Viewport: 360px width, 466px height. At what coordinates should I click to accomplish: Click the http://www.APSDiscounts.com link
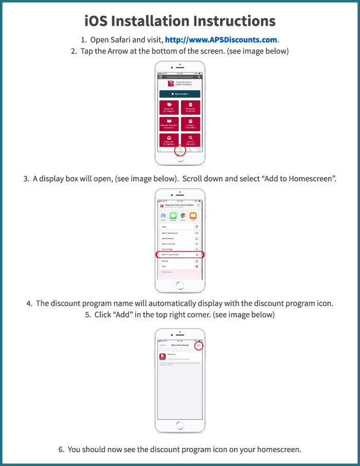[221, 40]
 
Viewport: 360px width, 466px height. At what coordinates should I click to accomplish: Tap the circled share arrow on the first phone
[180, 150]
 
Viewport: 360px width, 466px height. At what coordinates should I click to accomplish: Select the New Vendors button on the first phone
[179, 94]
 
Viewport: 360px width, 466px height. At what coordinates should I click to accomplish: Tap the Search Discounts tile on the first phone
[190, 140]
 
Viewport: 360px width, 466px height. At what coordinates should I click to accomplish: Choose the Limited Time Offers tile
[190, 124]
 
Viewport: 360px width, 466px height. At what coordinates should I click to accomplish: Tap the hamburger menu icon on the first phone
[160, 77]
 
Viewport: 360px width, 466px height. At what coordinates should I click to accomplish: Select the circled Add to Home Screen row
[179, 255]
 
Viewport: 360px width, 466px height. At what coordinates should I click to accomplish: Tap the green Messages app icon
[173, 217]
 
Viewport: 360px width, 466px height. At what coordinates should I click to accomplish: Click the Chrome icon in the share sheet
[183, 217]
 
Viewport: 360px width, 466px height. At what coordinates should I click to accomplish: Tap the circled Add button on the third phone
[199, 345]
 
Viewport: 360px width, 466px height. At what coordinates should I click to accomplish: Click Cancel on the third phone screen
[163, 345]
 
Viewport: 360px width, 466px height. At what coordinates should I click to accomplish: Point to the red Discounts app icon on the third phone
[163, 356]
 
